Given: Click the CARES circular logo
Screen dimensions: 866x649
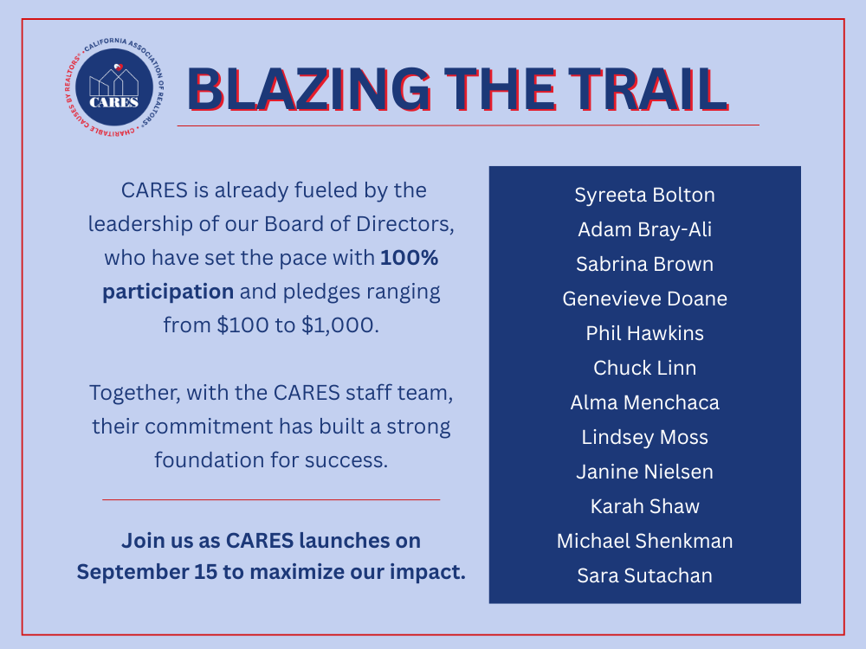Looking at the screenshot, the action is (x=114, y=87).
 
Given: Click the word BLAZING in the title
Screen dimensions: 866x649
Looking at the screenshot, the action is (x=309, y=89).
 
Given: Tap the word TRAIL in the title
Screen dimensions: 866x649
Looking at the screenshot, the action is (x=649, y=89).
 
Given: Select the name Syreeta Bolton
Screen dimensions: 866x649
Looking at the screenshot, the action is (x=644, y=195).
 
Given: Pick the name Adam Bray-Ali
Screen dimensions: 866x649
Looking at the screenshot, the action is (x=644, y=229).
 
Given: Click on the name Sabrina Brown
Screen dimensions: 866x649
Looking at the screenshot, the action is (x=644, y=264).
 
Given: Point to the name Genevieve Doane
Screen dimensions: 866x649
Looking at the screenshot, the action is (x=644, y=299).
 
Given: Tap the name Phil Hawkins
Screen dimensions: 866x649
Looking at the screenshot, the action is (x=644, y=333).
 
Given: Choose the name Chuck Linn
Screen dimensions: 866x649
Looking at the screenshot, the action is (x=644, y=368).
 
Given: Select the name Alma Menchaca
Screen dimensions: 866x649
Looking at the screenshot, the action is (x=644, y=403).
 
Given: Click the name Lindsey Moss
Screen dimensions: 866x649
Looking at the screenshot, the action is (x=644, y=438).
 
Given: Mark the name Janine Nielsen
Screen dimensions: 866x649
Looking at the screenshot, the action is (x=644, y=472).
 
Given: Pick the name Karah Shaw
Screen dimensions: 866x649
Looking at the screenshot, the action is (x=644, y=506).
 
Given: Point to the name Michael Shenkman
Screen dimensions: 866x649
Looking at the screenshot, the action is (x=644, y=542).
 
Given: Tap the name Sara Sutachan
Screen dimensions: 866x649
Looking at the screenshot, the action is (x=644, y=575).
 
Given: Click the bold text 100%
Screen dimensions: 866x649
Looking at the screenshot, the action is (x=410, y=258).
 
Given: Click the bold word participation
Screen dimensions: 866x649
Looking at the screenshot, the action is (x=168, y=292).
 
